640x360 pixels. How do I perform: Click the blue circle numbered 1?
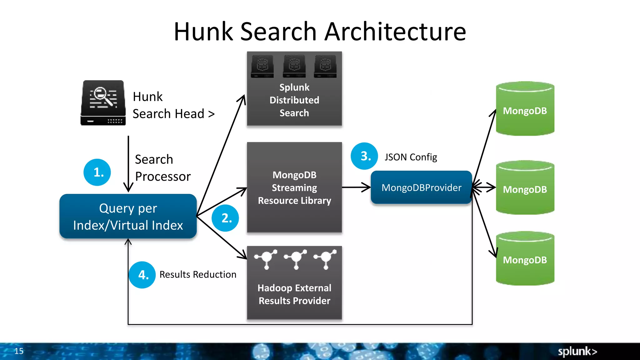97,172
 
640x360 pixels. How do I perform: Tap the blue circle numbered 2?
225,218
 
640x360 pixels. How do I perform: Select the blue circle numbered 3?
364,156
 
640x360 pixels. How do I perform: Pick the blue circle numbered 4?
142,275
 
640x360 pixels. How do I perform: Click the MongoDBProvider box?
421,187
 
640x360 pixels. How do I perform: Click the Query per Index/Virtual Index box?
128,216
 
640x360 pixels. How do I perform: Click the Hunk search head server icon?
103,103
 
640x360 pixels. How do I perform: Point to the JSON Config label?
411,157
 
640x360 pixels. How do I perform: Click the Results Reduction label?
198,274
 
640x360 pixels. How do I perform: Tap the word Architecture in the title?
395,32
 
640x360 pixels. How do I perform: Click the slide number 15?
19,351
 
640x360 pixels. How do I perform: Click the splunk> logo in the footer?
577,351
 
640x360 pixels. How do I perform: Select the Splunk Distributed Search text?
294,100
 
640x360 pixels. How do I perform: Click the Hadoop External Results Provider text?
294,294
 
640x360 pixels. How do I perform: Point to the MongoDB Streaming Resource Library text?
294,187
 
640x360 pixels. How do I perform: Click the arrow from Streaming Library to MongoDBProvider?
356,187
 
